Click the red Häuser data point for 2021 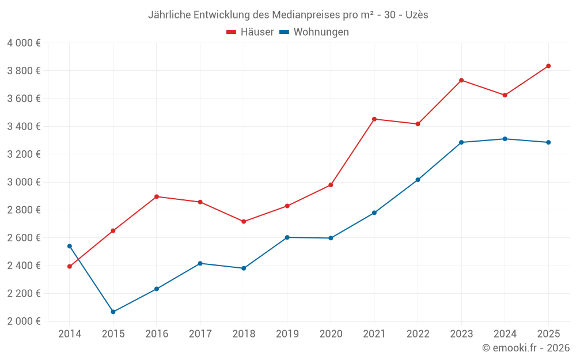coord(374,119)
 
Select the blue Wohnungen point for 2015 coord(113,312)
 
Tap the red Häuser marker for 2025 coord(548,66)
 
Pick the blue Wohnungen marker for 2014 coord(70,246)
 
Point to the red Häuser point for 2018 coord(244,221)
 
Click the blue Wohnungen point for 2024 coord(505,139)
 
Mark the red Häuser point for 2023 coord(461,80)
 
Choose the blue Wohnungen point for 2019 coord(287,237)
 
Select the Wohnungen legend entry coord(321,32)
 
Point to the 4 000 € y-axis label coord(24,43)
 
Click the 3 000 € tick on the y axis coord(24,182)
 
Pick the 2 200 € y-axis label coord(24,293)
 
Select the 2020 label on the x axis coord(331,334)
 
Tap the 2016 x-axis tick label coord(157,334)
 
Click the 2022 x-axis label coord(418,334)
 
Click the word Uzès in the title coord(416,14)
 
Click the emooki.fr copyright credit coord(526,348)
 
